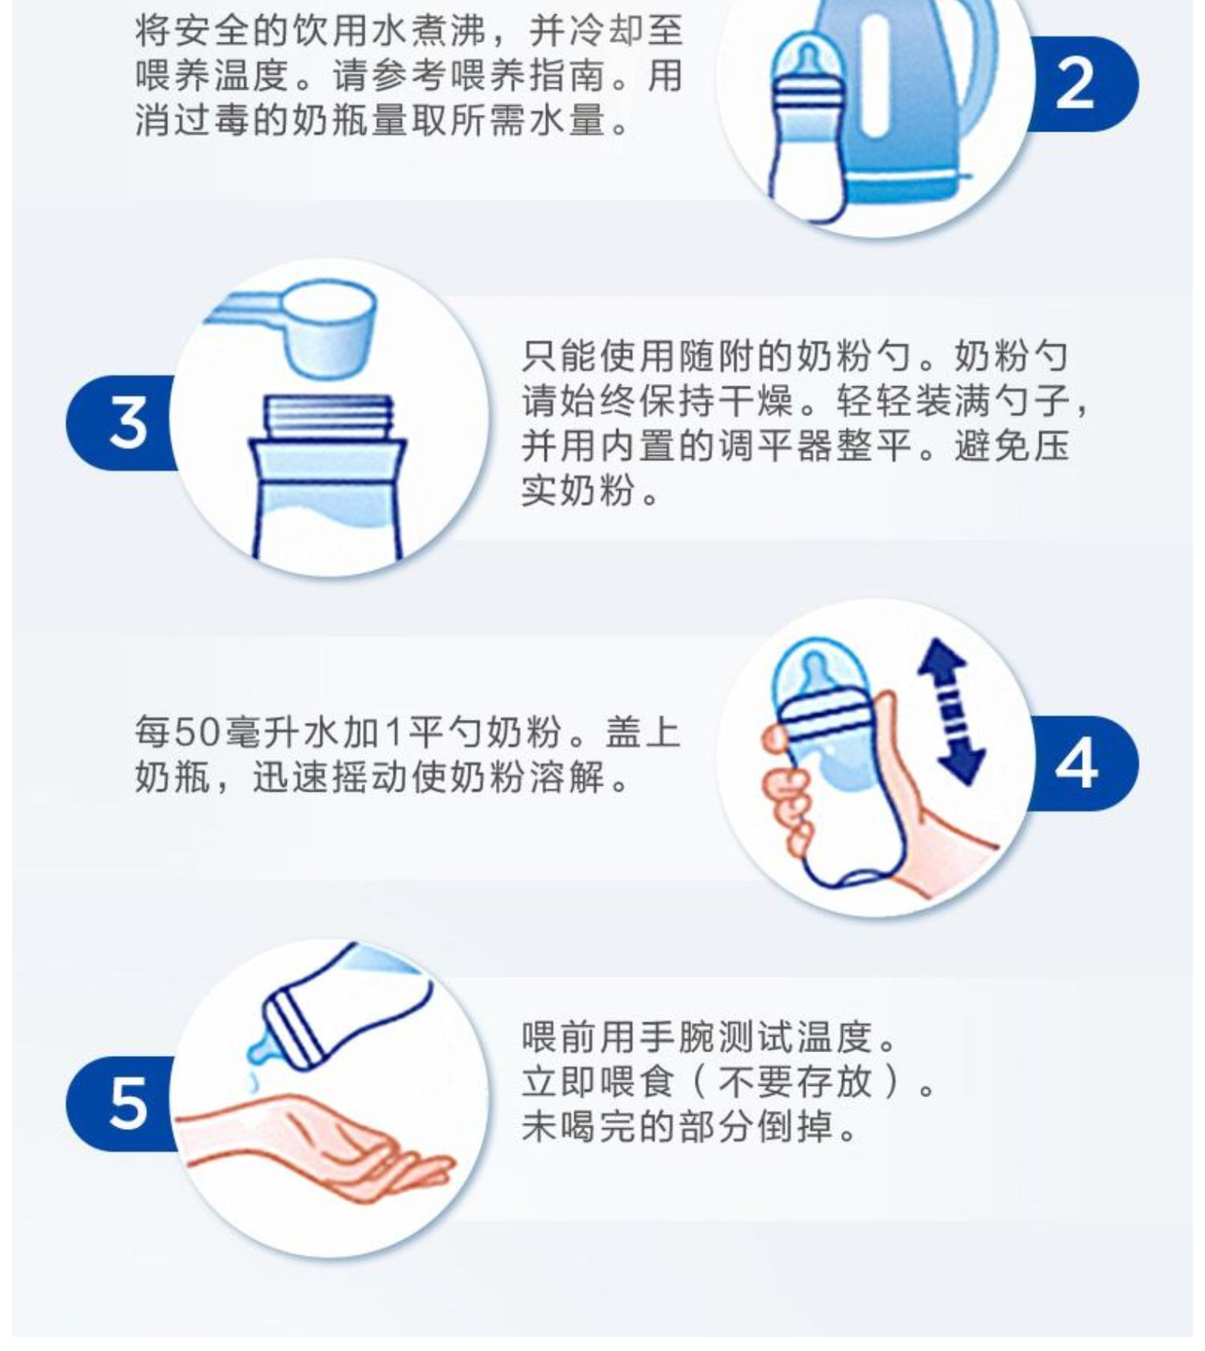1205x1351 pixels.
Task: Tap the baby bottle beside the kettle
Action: [x=806, y=129]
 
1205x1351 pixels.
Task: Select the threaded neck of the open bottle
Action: [x=329, y=418]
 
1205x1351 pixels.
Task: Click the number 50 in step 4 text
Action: [x=198, y=733]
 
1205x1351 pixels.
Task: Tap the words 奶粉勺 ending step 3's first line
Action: [x=1011, y=356]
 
